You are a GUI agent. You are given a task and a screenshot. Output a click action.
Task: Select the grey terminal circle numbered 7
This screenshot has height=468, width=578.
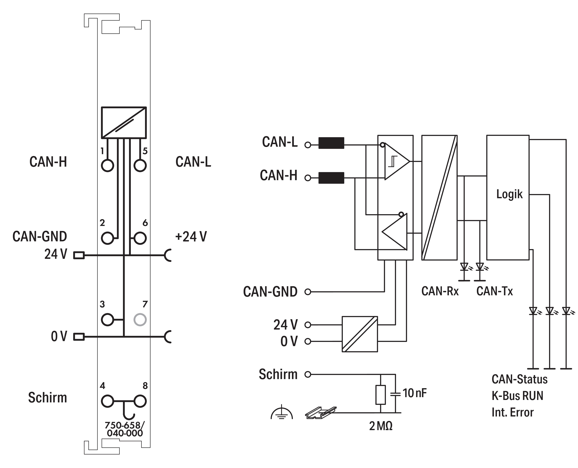(x=140, y=320)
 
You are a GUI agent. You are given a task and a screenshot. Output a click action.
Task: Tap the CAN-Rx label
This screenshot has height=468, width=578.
(x=440, y=291)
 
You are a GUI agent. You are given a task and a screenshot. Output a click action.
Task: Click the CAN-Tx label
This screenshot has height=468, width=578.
(x=494, y=291)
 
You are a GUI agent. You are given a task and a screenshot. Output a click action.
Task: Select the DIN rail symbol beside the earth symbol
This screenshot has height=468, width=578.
(x=321, y=412)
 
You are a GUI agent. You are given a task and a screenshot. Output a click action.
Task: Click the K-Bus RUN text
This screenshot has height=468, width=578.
(x=517, y=396)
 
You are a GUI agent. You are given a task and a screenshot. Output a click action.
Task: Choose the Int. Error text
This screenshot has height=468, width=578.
(x=513, y=412)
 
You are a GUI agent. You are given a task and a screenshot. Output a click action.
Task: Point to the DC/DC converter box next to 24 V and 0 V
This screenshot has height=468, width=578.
(x=360, y=334)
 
